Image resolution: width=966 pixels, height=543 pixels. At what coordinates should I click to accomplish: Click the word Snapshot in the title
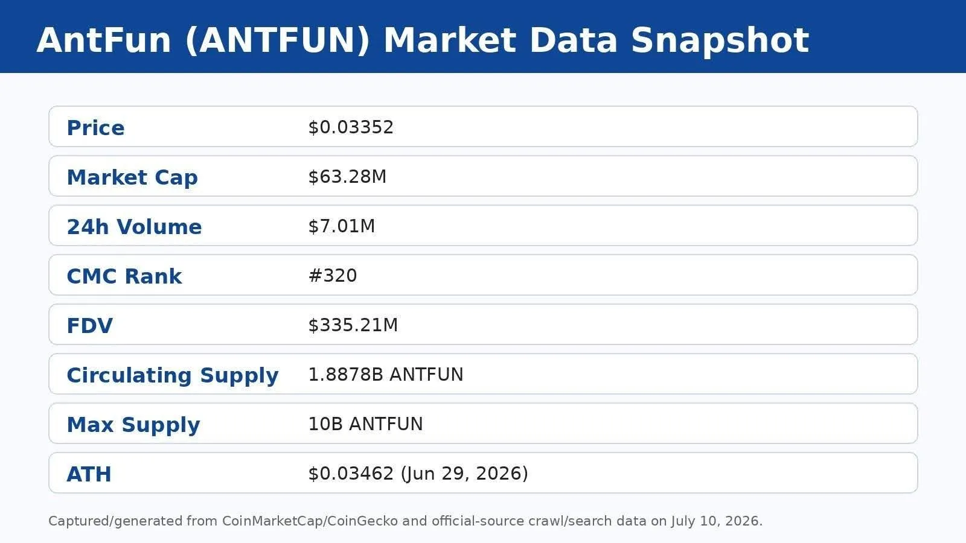(x=720, y=41)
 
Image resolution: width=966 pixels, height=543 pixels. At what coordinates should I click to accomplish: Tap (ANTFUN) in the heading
(x=277, y=41)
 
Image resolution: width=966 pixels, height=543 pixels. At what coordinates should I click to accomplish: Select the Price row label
(x=96, y=127)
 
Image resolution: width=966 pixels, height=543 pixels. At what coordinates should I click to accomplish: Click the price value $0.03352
(x=351, y=127)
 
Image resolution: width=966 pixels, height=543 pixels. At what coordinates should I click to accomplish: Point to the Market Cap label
(x=132, y=177)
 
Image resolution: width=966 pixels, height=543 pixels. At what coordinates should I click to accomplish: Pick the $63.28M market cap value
(x=347, y=176)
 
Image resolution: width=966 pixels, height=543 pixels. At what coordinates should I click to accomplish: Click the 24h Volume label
(x=134, y=227)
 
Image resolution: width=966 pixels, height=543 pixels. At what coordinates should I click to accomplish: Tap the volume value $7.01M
(x=342, y=226)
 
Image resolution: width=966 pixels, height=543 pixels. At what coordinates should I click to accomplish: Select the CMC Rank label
(x=124, y=276)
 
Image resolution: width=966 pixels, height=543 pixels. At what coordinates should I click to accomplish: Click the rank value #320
(x=333, y=275)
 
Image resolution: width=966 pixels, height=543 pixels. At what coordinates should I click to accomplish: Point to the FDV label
(x=90, y=325)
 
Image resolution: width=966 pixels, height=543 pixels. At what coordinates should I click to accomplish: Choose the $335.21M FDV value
(x=353, y=325)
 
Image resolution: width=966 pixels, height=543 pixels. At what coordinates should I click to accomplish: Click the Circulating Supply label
(x=173, y=375)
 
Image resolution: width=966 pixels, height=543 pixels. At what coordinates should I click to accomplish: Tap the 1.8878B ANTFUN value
(x=386, y=374)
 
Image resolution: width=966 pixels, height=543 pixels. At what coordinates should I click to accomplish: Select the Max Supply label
(x=133, y=425)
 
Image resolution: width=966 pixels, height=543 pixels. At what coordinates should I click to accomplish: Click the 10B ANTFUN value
(x=365, y=424)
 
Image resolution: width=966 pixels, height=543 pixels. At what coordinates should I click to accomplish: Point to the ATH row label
(x=89, y=474)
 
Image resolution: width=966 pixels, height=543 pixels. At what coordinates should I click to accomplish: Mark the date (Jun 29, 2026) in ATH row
(x=464, y=474)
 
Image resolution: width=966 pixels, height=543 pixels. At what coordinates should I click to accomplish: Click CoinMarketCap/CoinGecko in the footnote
(x=310, y=521)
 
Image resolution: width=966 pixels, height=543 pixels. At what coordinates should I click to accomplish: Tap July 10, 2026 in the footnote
(x=716, y=521)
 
